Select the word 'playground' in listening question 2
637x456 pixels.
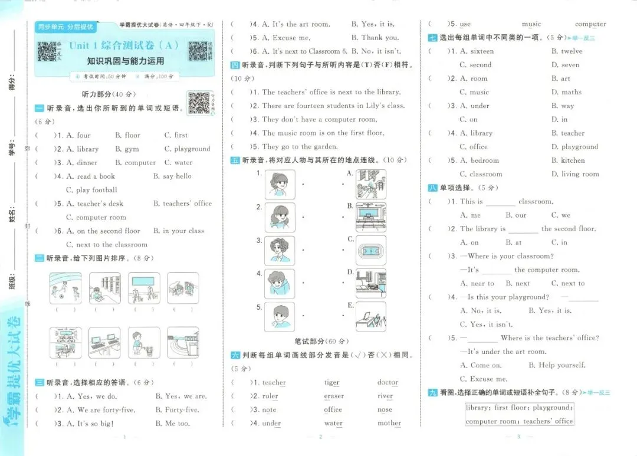[x=192, y=149]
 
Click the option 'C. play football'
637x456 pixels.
[x=91, y=190]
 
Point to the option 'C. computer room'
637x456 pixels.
[x=92, y=217]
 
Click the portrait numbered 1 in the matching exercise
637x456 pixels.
[x=280, y=184]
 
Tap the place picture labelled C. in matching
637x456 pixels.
[x=371, y=249]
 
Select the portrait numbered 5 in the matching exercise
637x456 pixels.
[x=280, y=317]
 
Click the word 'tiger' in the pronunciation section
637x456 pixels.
[x=331, y=383]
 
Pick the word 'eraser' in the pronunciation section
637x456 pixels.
[x=334, y=396]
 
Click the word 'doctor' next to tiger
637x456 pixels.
[x=388, y=383]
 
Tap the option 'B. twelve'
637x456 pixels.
[x=567, y=51]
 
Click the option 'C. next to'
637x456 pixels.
[x=567, y=284]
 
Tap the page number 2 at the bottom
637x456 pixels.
[x=320, y=437]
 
